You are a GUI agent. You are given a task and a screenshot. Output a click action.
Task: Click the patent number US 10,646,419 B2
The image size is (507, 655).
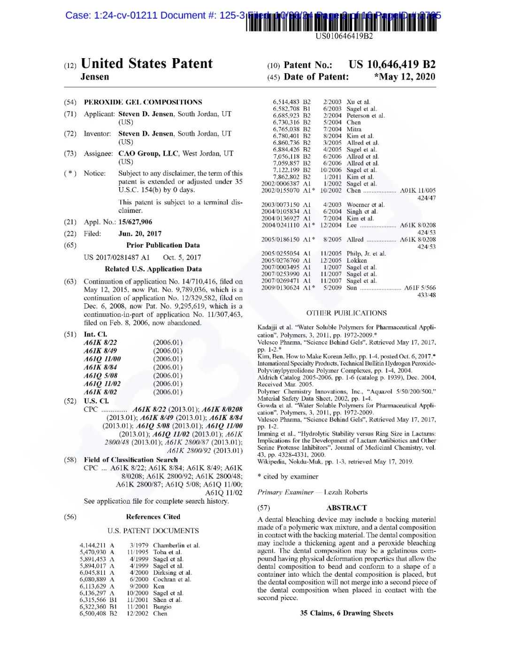point(392,65)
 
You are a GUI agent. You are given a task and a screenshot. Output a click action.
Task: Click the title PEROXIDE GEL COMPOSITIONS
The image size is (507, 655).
point(143,102)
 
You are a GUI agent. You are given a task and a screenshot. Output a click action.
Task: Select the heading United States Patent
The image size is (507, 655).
point(146,64)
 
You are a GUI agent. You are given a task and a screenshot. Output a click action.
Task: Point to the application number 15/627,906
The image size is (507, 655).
point(135,222)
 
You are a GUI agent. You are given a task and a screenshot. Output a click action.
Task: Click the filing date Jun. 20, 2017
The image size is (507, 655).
point(140,233)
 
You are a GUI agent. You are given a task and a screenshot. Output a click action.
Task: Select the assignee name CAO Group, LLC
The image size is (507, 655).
point(148,153)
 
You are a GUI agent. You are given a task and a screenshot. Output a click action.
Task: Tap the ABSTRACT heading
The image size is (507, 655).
point(346,507)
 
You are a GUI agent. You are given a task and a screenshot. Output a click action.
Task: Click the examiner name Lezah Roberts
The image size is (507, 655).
point(346,492)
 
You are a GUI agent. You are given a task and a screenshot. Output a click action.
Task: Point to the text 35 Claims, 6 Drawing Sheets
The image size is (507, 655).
point(346,613)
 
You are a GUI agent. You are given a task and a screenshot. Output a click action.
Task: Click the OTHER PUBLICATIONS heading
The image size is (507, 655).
point(346,313)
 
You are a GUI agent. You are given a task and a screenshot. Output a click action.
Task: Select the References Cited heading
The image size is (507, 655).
point(153,517)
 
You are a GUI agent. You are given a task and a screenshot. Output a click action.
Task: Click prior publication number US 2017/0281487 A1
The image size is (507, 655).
point(116,257)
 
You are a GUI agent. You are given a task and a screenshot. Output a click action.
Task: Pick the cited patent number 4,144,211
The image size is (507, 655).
point(93,545)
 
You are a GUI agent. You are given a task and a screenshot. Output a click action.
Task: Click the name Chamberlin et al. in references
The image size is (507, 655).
point(177,545)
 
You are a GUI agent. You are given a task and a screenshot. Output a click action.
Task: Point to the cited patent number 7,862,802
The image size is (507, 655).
point(285,177)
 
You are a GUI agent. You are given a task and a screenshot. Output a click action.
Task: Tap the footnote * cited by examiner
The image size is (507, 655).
point(288,476)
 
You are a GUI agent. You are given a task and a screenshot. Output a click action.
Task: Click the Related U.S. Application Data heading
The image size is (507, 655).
point(153,269)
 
